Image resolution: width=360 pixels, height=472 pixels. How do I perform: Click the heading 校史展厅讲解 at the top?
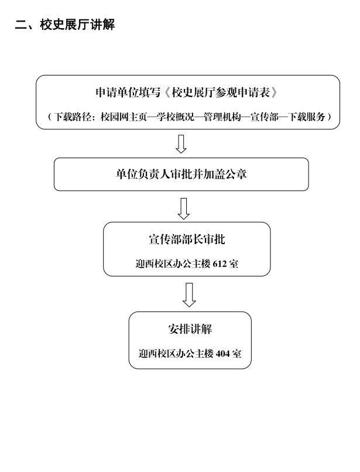point(77,25)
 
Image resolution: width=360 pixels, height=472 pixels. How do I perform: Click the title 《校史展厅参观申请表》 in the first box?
point(220,93)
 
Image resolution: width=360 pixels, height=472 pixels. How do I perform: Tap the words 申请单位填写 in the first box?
point(128,93)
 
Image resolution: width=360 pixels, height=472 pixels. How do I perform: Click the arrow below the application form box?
point(181,144)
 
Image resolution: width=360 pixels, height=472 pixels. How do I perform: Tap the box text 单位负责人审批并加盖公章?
point(181,175)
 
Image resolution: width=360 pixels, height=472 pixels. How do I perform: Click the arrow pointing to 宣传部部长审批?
point(183,208)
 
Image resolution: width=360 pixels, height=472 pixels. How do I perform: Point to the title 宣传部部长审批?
point(187,240)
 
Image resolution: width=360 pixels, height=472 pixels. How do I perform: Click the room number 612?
point(220,264)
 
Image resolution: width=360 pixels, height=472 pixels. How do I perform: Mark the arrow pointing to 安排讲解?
point(189,295)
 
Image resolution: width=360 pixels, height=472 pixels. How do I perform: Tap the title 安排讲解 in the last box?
point(190,329)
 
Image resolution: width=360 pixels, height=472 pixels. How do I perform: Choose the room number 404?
point(222,353)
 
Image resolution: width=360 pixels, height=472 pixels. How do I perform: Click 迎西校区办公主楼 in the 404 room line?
point(176,353)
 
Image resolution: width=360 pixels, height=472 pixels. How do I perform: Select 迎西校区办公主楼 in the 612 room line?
point(173,264)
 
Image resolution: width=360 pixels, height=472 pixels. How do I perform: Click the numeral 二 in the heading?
point(20,25)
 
